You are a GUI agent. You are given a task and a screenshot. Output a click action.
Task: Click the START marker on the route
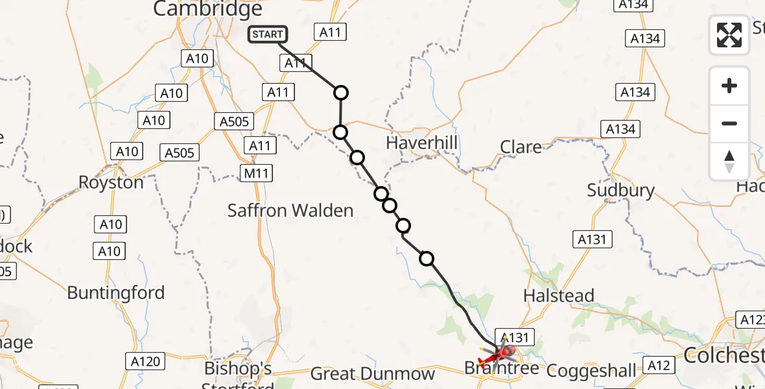click(266, 34)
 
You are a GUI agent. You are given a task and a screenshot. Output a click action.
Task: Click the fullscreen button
click(729, 35)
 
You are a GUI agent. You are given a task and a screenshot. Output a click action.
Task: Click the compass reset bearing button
click(729, 161)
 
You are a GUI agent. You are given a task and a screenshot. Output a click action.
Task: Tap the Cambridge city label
click(208, 9)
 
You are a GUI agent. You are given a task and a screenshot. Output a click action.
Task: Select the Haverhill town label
click(421, 143)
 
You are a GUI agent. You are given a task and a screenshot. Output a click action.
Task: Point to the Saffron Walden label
click(290, 210)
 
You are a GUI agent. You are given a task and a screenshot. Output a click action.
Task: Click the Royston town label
click(111, 182)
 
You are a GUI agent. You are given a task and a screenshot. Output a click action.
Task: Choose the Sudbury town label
click(620, 191)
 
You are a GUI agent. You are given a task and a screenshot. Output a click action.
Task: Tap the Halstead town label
click(559, 296)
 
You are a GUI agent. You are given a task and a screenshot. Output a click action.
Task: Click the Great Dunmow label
click(372, 374)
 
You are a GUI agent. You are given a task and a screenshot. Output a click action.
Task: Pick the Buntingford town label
click(116, 292)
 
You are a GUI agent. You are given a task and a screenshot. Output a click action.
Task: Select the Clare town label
click(521, 147)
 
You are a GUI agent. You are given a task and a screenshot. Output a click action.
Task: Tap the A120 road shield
click(145, 361)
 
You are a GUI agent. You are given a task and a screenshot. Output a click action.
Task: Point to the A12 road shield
click(659, 366)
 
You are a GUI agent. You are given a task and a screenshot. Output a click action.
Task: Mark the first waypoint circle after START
click(341, 93)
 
